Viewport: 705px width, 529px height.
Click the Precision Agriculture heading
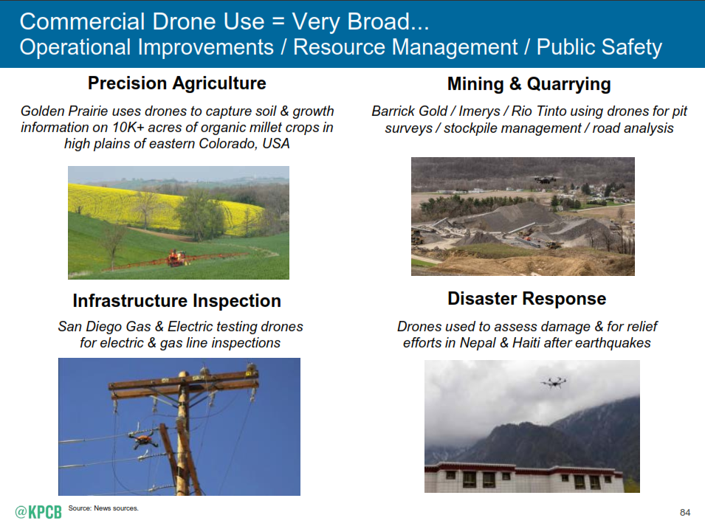176,83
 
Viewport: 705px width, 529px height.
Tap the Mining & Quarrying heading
529,84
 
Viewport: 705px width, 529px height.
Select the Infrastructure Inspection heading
176,301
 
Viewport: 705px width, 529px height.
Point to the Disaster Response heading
526,299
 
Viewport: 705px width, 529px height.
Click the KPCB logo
38,512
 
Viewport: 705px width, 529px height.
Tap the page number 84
685,512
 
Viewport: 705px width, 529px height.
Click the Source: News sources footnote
103,508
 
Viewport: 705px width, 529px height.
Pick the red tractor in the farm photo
176,258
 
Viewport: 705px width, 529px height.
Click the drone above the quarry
546,179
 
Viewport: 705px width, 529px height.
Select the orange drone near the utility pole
143,439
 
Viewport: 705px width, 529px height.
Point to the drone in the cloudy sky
554,382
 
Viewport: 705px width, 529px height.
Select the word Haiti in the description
526,343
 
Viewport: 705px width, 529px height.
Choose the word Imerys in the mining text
479,111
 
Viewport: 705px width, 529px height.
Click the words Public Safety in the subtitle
599,47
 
